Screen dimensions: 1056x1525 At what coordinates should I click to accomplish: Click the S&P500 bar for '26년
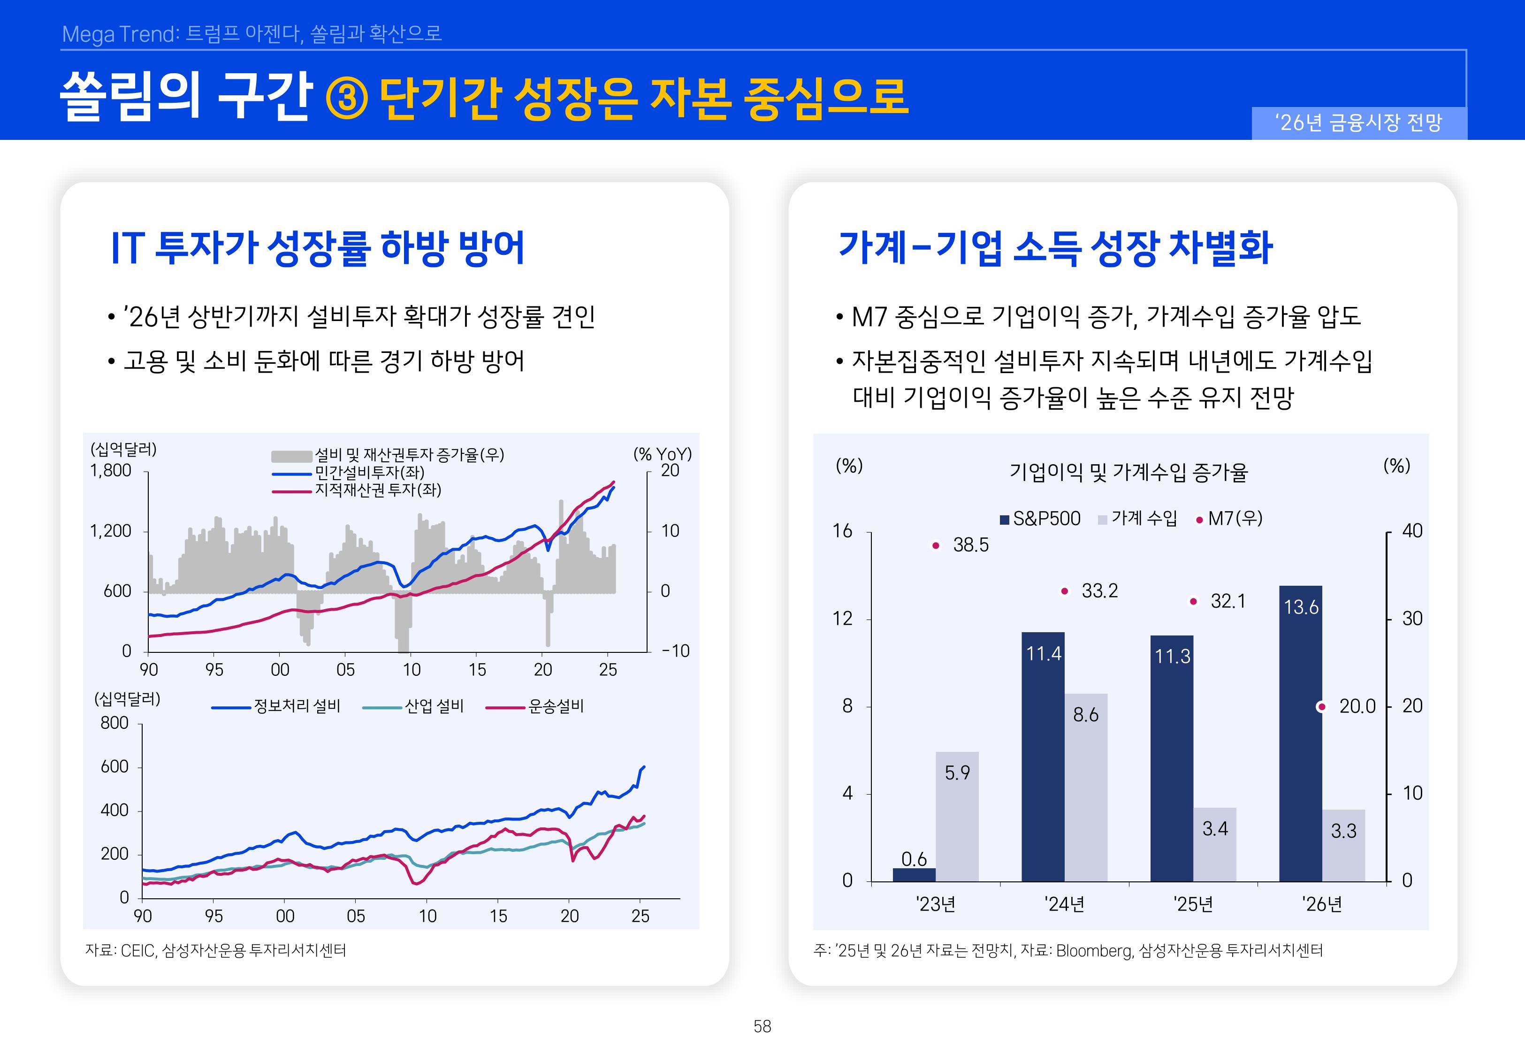pyautogui.click(x=1300, y=735)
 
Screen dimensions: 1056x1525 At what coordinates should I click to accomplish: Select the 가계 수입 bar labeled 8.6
pyautogui.click(x=1085, y=788)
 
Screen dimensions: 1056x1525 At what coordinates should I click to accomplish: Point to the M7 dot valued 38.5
pyautogui.click(x=935, y=545)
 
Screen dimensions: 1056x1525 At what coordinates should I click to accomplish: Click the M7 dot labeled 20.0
pyautogui.click(x=1321, y=707)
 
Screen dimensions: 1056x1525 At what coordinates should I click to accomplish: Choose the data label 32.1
pyautogui.click(x=1228, y=601)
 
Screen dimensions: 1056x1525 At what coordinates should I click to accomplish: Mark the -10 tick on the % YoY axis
pyautogui.click(x=675, y=650)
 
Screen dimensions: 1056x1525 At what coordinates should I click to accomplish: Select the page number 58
pyautogui.click(x=762, y=1026)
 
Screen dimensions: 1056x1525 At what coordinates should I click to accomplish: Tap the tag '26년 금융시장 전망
pyautogui.click(x=1358, y=122)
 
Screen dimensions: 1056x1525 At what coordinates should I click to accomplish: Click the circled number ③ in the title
pyautogui.click(x=347, y=99)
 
